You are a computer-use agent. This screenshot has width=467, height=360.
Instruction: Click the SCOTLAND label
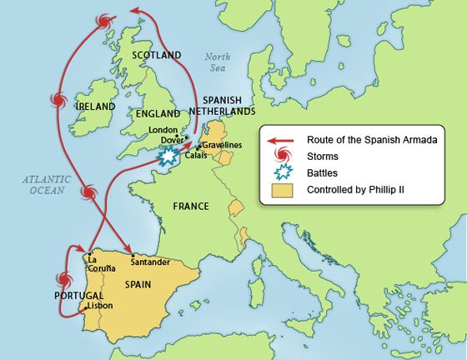[x=156, y=55]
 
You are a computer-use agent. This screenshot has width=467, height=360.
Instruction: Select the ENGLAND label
[x=158, y=113]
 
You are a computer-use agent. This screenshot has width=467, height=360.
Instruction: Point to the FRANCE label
[x=190, y=206]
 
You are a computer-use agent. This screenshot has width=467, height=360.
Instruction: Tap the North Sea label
[x=218, y=62]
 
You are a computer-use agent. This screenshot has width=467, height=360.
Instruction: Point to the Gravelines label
[x=221, y=144]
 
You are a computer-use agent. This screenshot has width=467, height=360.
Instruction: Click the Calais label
[x=195, y=155]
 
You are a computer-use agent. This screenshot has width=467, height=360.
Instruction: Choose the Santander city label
[x=151, y=262]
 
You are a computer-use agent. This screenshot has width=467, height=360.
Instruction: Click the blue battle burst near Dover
[x=170, y=155]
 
